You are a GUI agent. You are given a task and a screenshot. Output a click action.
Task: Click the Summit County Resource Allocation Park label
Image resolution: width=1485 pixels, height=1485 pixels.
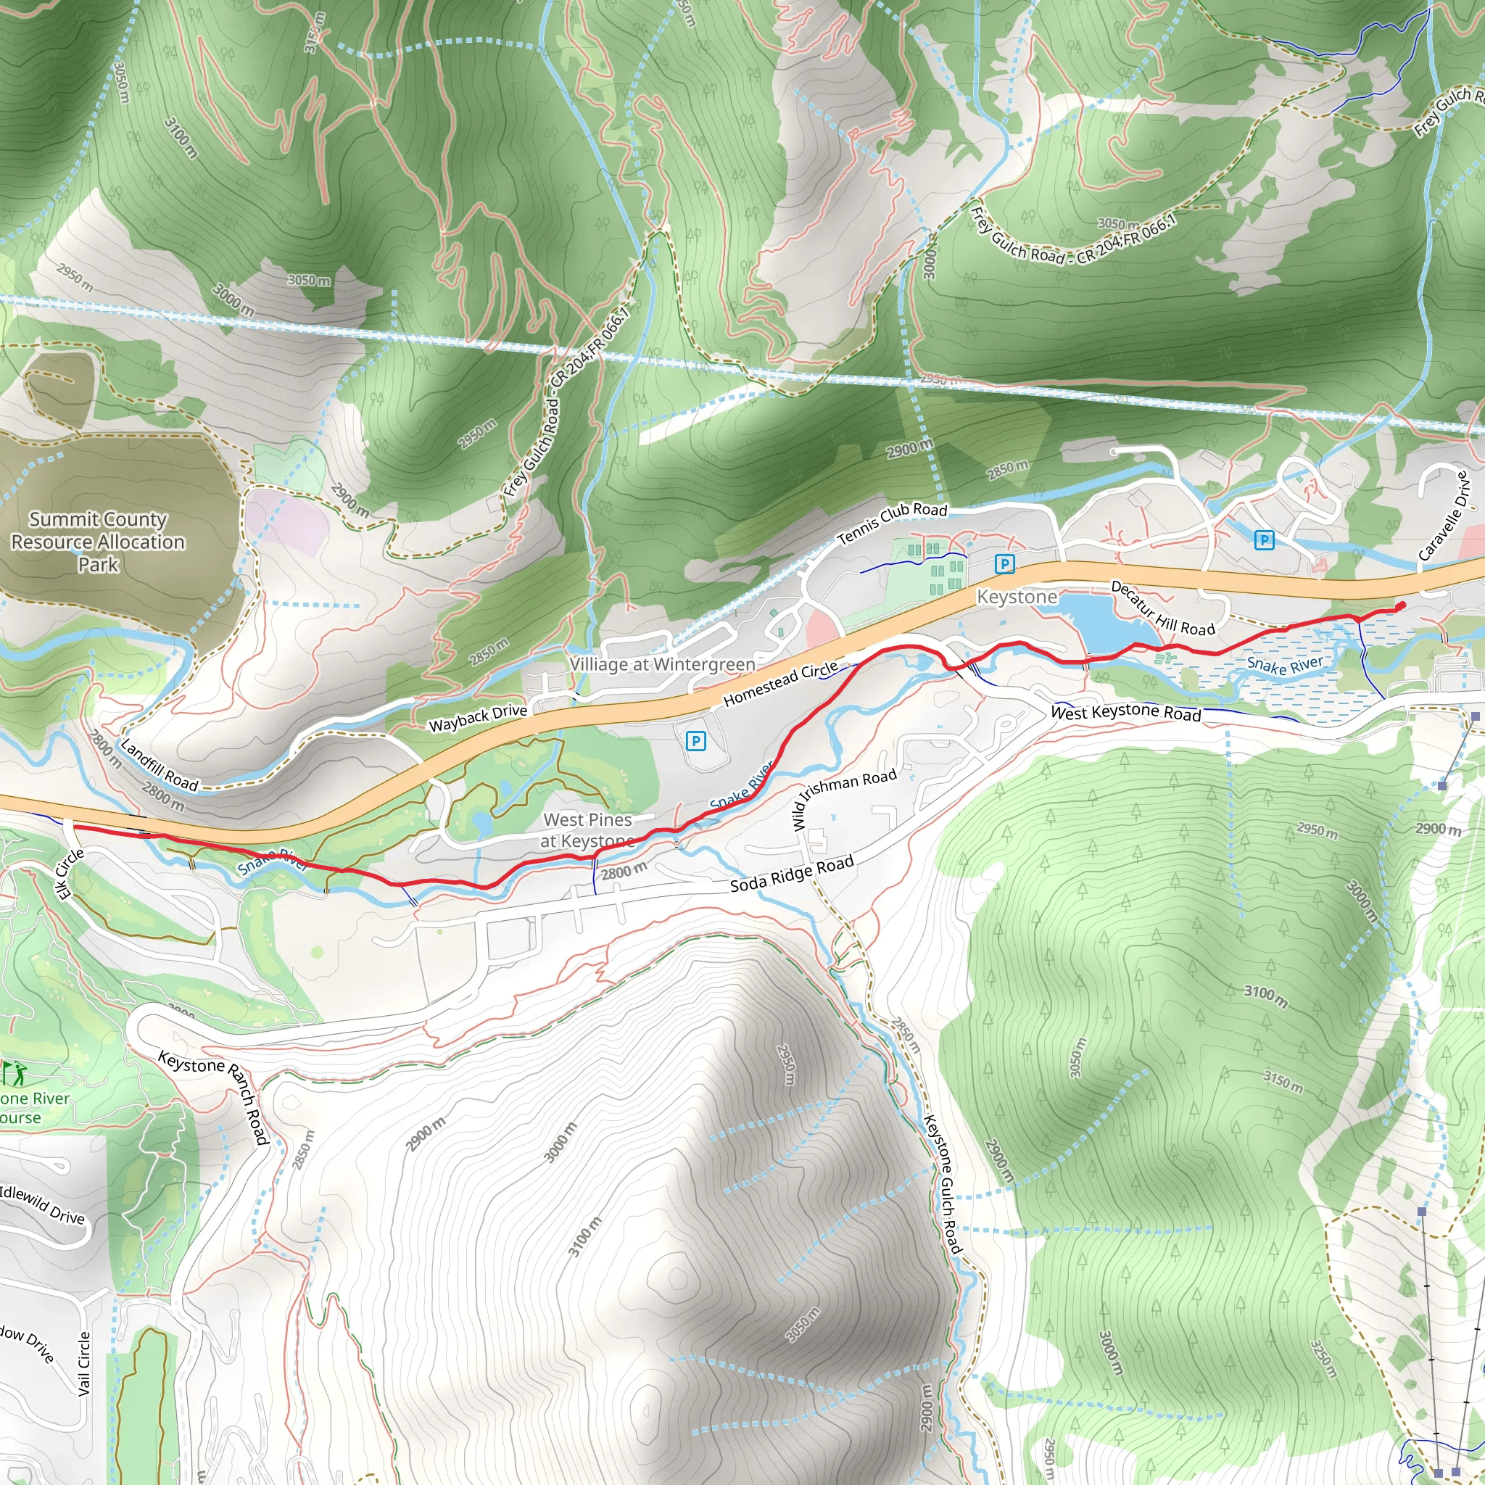(99, 542)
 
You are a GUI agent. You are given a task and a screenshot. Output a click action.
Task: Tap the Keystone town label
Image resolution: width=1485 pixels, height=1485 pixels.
(1016, 597)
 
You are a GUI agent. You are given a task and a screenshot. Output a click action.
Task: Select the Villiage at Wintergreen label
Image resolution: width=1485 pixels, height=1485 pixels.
(662, 664)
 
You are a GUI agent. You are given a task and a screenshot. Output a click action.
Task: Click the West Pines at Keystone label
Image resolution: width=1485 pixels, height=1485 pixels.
(588, 830)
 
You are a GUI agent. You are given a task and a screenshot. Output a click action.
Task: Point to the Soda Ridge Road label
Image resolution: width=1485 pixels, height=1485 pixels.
(792, 874)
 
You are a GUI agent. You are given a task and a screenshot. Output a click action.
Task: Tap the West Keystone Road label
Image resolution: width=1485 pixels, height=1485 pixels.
(1125, 713)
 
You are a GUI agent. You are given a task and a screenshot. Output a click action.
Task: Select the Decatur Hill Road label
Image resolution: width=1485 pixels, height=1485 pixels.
(1162, 610)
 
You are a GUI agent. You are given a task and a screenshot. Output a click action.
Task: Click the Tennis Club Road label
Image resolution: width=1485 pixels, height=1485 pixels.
(892, 523)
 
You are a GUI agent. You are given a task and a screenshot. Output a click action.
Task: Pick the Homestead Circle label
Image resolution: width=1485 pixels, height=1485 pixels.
(780, 683)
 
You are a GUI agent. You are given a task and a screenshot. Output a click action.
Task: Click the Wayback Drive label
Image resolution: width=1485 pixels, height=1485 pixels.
(477, 719)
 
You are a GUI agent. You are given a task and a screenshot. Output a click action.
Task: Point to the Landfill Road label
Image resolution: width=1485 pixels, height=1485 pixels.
(159, 766)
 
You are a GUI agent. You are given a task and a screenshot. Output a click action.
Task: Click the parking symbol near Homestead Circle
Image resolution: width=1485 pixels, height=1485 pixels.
(695, 741)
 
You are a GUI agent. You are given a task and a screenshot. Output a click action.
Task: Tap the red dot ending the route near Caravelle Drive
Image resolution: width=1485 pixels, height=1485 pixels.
(1399, 606)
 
